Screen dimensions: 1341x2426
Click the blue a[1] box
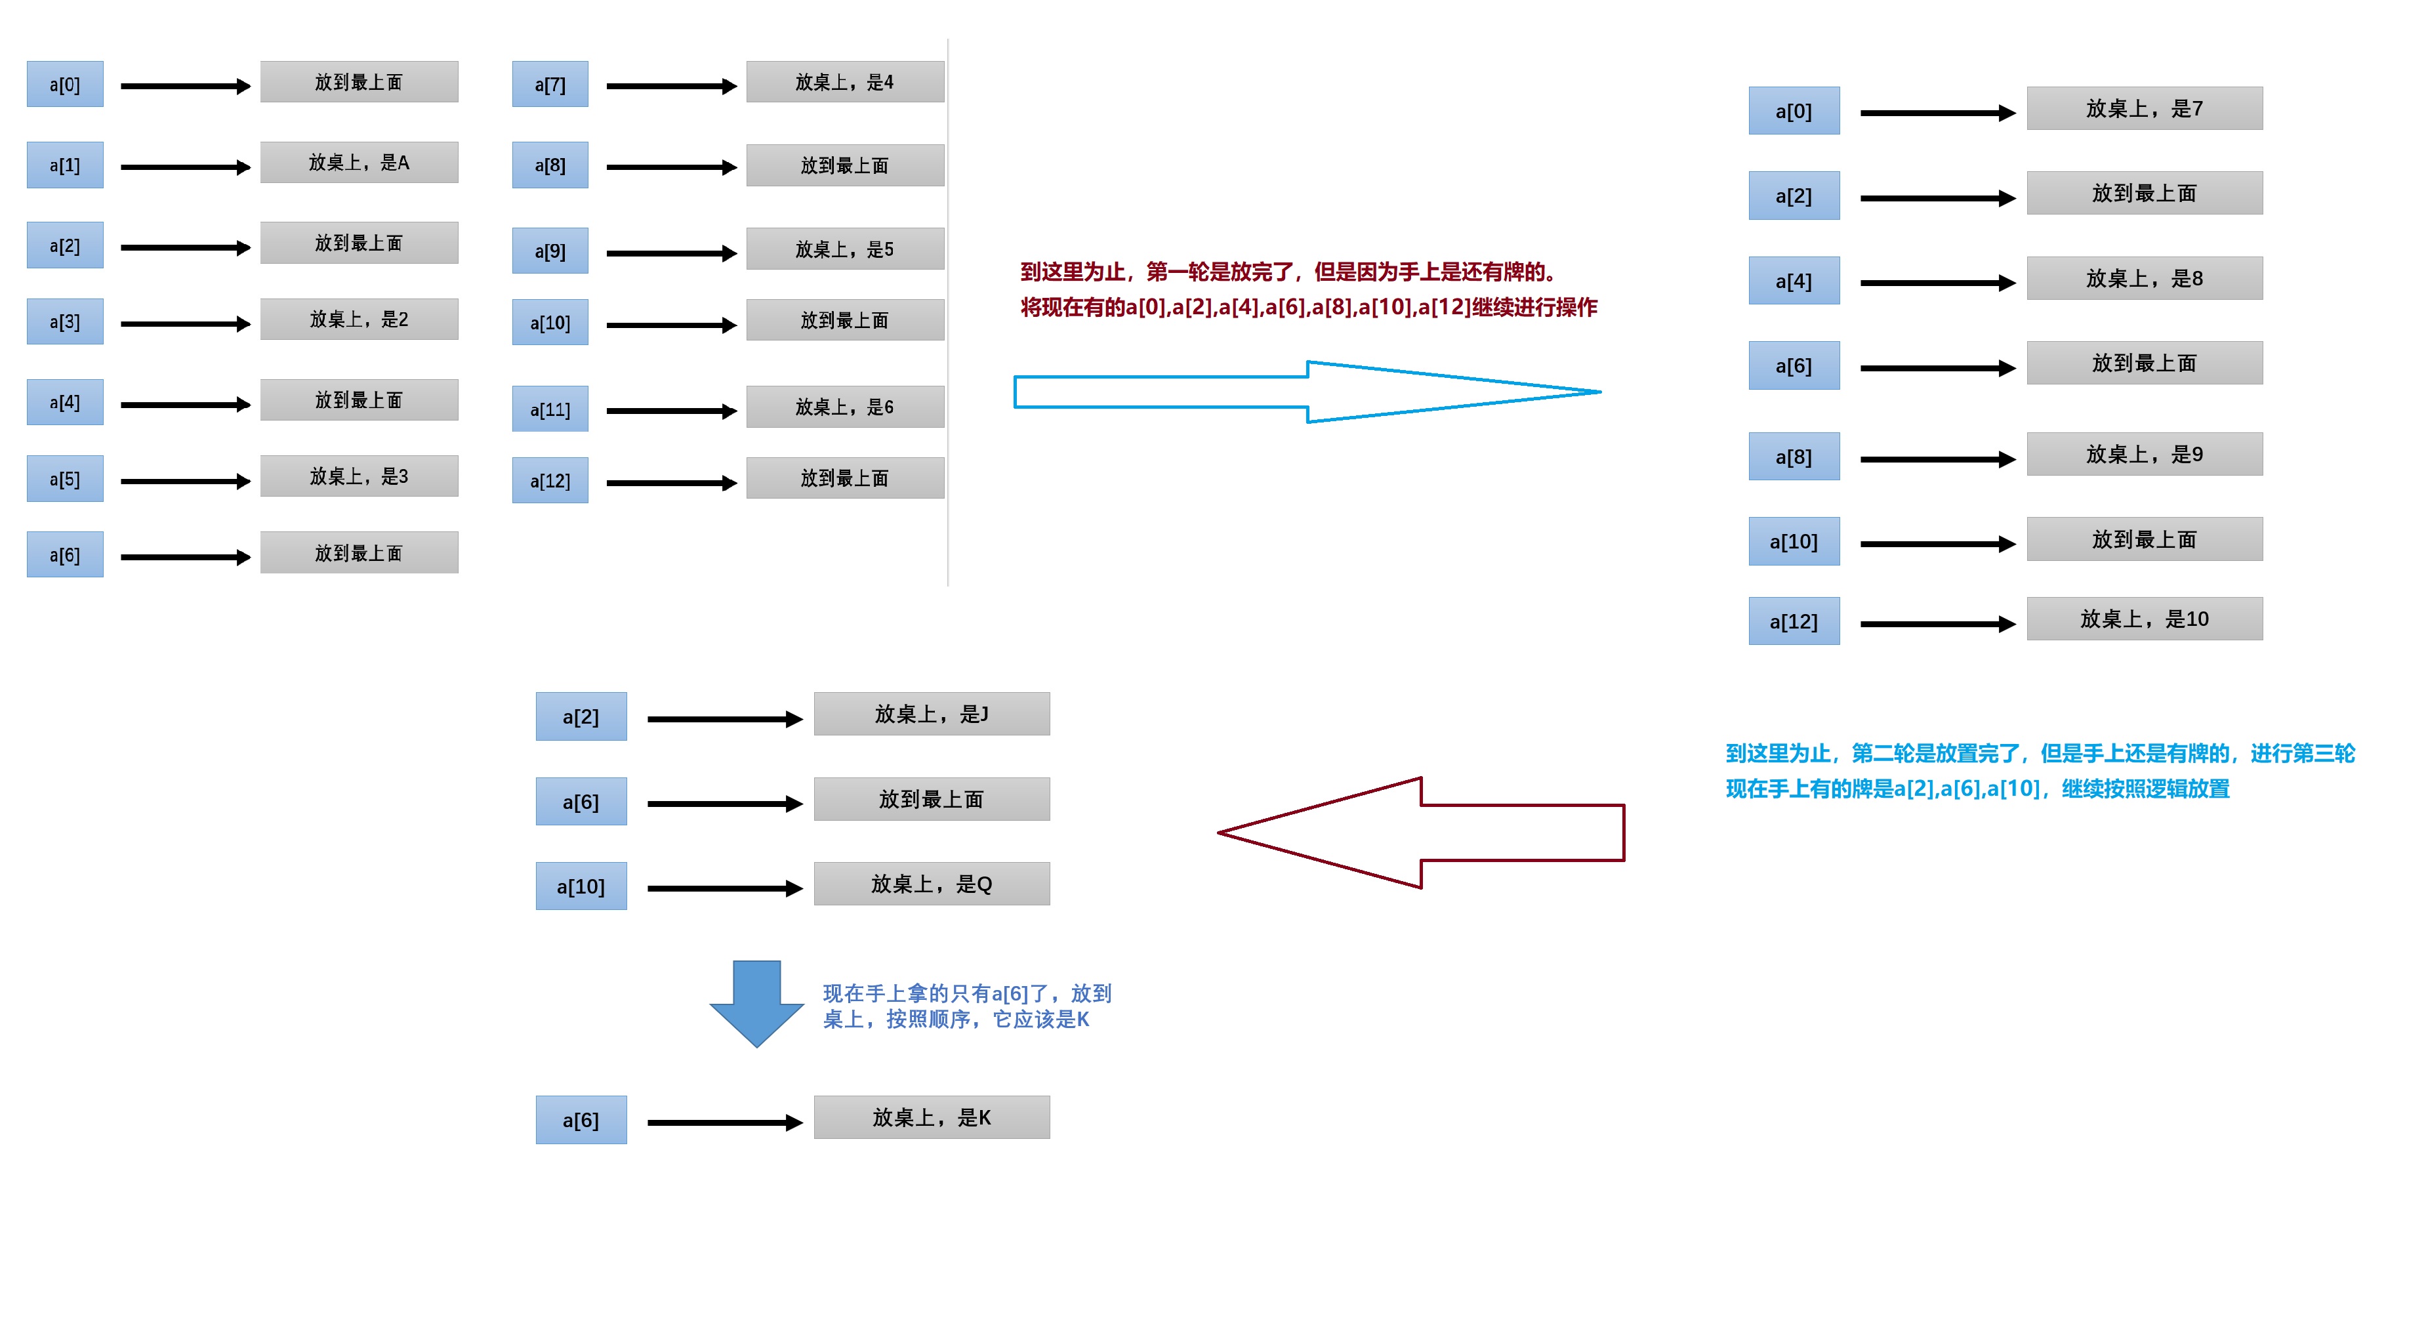click(x=64, y=165)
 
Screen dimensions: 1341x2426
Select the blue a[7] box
click(x=550, y=85)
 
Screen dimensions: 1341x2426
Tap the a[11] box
click(x=550, y=409)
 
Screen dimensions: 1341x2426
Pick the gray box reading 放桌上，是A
click(x=359, y=162)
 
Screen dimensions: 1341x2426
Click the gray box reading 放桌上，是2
click(x=359, y=320)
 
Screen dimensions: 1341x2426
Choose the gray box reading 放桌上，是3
click(x=359, y=476)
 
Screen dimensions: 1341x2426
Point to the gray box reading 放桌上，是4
click(x=845, y=82)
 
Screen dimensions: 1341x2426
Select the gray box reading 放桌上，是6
click(x=845, y=407)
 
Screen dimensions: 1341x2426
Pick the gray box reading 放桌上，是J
click(x=932, y=714)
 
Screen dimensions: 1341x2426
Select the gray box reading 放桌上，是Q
click(x=932, y=883)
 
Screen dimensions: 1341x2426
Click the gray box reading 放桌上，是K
click(x=932, y=1117)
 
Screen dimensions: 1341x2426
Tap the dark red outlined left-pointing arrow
click(x=1422, y=833)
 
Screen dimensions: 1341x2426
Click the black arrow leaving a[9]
click(x=670, y=253)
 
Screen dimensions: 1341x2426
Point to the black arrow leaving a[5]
click(x=184, y=481)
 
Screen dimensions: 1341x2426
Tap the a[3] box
click(x=64, y=321)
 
